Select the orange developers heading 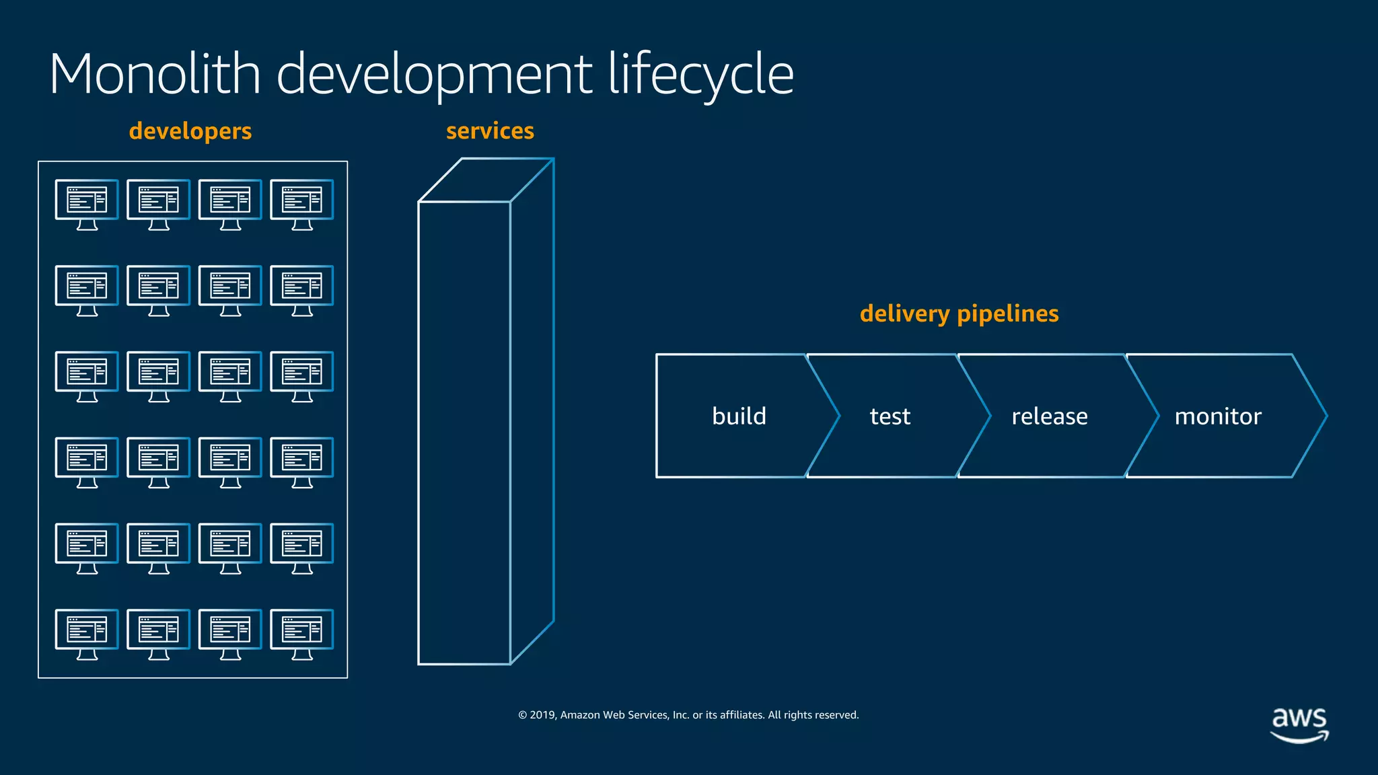pos(190,131)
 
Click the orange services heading pos(490,131)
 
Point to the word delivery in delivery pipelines pos(904,314)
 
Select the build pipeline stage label pos(739,416)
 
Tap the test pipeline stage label pos(890,416)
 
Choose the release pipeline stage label pos(1049,416)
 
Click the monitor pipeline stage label pos(1217,416)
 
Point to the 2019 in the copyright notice pos(543,715)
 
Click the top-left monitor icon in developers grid pos(87,204)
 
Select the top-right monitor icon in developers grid pos(301,204)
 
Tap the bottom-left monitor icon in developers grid pos(87,634)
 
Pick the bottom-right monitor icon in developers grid pos(301,634)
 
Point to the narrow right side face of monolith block pos(532,410)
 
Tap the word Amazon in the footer pos(580,715)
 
